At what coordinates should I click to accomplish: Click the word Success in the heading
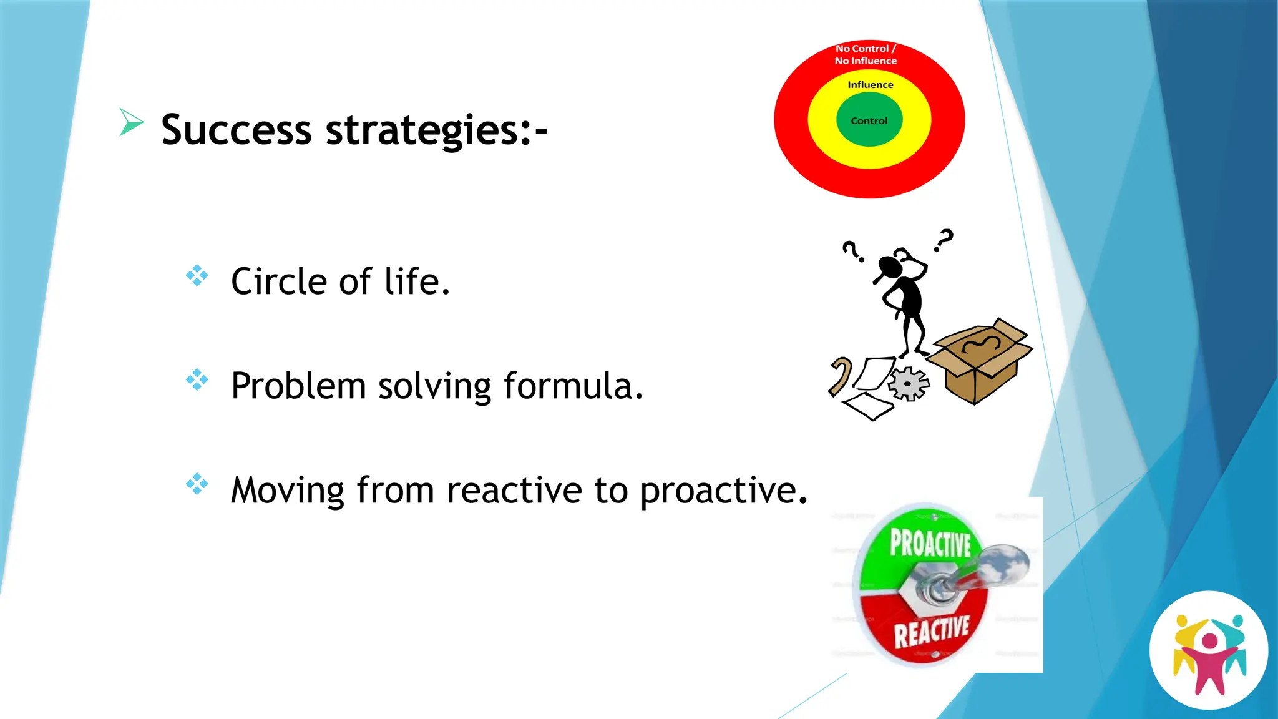click(x=236, y=130)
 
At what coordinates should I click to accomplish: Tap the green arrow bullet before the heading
click(x=130, y=121)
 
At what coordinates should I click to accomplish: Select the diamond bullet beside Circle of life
click(x=197, y=275)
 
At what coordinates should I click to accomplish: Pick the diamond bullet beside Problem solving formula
click(x=197, y=379)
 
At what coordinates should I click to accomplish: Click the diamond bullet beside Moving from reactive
click(x=197, y=484)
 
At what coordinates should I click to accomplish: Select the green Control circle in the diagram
click(x=869, y=120)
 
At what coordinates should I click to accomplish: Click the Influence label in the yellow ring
click(x=870, y=85)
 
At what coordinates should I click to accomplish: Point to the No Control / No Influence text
click(x=866, y=54)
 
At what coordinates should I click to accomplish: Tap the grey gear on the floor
click(x=908, y=383)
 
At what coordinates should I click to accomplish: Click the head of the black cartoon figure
click(x=890, y=267)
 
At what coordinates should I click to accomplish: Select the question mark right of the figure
click(x=944, y=240)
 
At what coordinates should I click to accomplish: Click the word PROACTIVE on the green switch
click(x=930, y=542)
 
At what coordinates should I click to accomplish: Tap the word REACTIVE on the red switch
click(x=931, y=631)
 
